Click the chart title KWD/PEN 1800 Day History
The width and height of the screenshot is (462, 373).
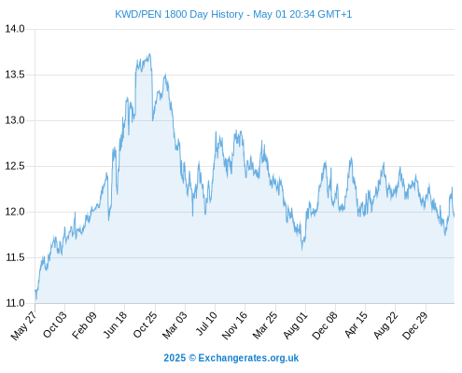[179, 14]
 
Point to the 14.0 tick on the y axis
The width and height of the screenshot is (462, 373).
[15, 29]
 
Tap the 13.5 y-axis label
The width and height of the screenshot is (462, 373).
[15, 75]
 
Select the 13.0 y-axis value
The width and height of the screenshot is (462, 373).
[15, 120]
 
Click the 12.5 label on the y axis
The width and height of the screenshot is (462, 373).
[15, 166]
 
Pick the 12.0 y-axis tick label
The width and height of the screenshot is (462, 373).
[15, 212]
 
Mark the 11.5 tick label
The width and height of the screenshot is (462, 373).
[15, 257]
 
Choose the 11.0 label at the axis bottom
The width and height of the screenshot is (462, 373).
[15, 303]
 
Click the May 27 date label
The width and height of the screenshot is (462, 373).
[23, 325]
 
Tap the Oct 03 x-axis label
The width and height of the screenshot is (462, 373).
[55, 325]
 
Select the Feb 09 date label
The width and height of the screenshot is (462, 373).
[84, 325]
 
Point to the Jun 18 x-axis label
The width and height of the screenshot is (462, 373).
[115, 325]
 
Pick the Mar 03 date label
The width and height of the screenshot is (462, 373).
[175, 325]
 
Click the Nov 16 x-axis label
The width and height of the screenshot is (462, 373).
[234, 325]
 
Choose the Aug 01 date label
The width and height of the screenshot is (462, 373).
[295, 325]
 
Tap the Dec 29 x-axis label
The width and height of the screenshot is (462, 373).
[415, 325]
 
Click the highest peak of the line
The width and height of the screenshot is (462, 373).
[150, 54]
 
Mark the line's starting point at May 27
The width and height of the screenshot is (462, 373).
[35, 290]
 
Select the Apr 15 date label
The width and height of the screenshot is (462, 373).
[356, 325]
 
